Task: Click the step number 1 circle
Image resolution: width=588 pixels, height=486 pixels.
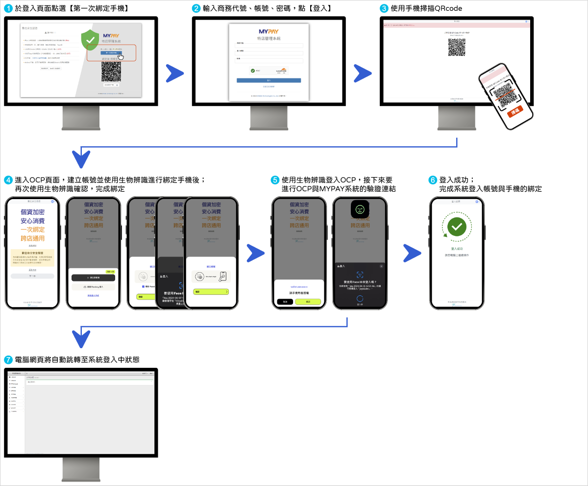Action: pos(7,8)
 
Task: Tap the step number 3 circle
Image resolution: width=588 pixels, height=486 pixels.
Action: pos(384,8)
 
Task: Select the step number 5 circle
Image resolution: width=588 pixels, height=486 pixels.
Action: pos(275,180)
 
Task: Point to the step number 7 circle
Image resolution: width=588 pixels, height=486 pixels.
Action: pos(7,359)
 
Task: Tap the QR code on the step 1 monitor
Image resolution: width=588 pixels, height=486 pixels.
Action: pos(111,72)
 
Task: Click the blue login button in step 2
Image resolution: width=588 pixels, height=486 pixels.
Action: pos(269,80)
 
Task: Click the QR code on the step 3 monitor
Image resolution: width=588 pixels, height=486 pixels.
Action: pos(457,47)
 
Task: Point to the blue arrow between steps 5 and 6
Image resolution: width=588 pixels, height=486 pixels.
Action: pos(412,253)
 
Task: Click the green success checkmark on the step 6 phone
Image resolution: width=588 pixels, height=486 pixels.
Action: pos(457,226)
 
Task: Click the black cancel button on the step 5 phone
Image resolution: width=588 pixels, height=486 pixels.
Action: pos(285,302)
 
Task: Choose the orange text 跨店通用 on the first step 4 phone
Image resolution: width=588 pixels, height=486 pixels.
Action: pos(32,238)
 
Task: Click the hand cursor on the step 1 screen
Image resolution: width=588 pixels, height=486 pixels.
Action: pos(121,56)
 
